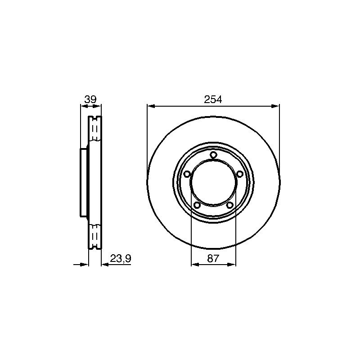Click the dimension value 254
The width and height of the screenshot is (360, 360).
coord(213,99)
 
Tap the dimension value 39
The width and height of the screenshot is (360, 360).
coord(90,99)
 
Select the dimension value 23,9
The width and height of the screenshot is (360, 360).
coord(121,258)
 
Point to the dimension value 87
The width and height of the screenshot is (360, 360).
coord(213,258)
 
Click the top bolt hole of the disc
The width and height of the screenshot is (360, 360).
coord(213,155)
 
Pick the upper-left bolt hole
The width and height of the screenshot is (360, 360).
coord(187,174)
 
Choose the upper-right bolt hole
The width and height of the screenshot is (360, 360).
coord(240,174)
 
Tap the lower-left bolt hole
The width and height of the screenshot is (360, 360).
coord(197,205)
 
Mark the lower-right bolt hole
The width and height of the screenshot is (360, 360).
coord(229,205)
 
